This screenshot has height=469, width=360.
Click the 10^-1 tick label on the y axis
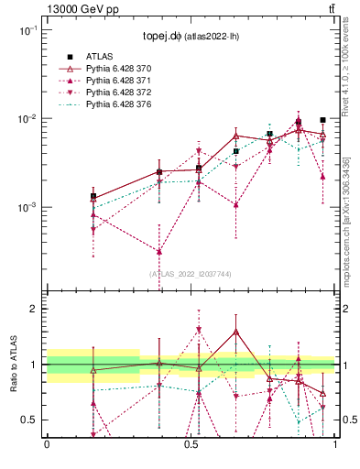tap(27, 31)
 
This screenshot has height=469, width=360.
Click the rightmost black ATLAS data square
tap(322, 120)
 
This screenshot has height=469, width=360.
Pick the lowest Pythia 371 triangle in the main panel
tap(159, 251)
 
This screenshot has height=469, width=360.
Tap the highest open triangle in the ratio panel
tap(235, 332)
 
